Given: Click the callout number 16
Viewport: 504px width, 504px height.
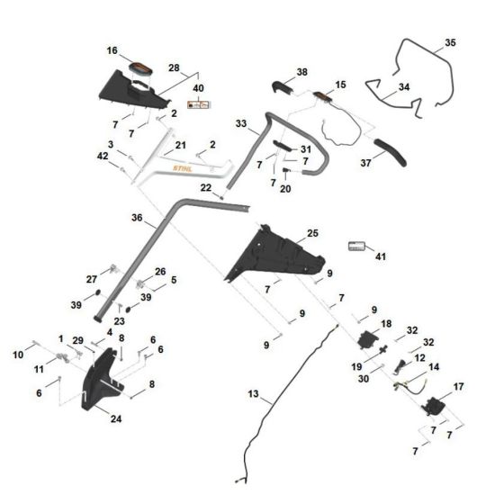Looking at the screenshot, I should click(x=112, y=51).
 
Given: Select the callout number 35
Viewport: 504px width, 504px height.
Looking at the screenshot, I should click(x=451, y=42).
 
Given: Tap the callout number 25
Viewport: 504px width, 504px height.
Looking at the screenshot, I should click(x=312, y=233).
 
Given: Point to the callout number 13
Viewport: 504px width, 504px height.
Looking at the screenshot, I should click(x=253, y=393).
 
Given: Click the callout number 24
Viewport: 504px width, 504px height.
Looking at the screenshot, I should click(x=116, y=418).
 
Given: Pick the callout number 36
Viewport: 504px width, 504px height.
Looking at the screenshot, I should click(x=137, y=218).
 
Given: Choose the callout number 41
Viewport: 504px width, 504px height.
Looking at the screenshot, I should click(x=380, y=256).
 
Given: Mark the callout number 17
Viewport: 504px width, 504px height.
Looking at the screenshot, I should click(x=459, y=387).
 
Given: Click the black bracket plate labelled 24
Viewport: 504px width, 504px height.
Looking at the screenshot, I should click(x=99, y=389).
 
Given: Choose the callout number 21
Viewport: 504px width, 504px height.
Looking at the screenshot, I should click(x=180, y=145).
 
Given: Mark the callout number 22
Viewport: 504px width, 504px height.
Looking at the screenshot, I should click(x=206, y=187).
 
